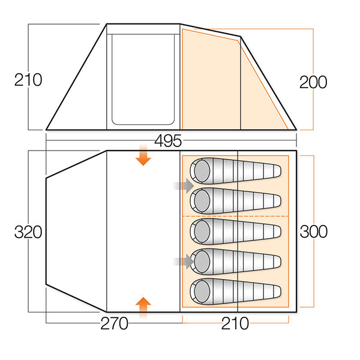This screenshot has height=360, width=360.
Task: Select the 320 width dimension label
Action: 28,232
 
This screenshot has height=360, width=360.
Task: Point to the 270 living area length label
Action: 114,324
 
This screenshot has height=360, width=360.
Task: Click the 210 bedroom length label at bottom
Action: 234,324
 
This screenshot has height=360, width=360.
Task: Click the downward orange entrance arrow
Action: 143,155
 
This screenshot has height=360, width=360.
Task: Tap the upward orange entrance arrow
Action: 143,307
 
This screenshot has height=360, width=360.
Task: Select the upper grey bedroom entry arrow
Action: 182,185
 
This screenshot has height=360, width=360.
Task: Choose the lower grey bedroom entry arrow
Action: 182,260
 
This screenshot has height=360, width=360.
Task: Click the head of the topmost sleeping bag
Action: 200,169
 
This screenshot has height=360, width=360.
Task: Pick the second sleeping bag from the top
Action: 234,199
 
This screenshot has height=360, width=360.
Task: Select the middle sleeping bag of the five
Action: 234,229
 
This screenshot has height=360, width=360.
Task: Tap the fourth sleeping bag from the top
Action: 234,260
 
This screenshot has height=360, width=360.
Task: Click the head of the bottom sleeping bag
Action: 200,291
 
